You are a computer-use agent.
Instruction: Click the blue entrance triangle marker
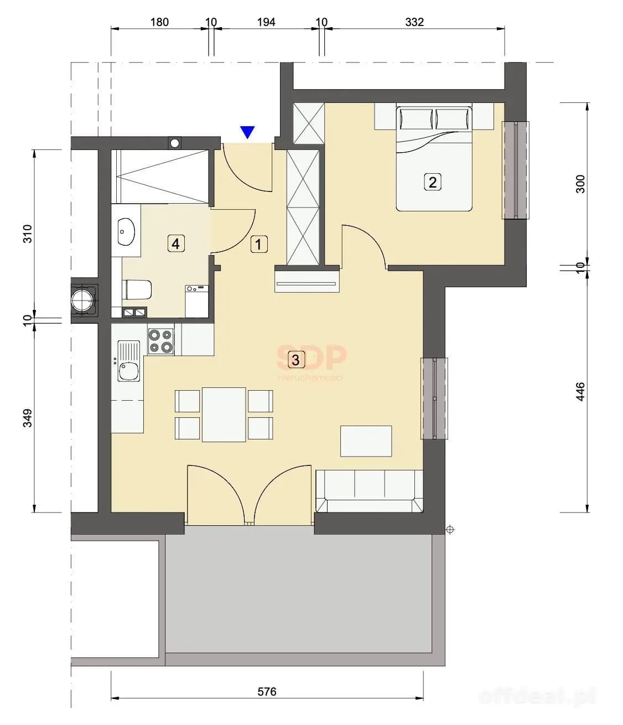click(247, 132)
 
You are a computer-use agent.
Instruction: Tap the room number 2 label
click(433, 183)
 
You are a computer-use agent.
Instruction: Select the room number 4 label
click(175, 244)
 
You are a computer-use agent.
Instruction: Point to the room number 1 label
click(259, 244)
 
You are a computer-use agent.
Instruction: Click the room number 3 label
click(295, 360)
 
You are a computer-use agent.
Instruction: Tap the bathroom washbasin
click(126, 231)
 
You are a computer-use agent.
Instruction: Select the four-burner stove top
click(161, 341)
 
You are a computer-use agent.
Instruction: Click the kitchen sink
click(129, 361)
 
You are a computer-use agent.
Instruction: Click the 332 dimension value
click(414, 22)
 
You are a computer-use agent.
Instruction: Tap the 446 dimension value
click(580, 391)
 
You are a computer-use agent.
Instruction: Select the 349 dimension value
click(27, 418)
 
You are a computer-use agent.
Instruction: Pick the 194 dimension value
click(266, 22)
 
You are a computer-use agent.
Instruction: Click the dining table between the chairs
click(224, 414)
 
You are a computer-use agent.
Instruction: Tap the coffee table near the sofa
click(366, 441)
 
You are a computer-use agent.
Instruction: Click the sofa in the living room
click(369, 491)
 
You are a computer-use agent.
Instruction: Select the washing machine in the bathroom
click(196, 301)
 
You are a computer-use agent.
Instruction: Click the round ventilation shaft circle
click(83, 301)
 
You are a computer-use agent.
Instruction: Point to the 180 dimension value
click(159, 22)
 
